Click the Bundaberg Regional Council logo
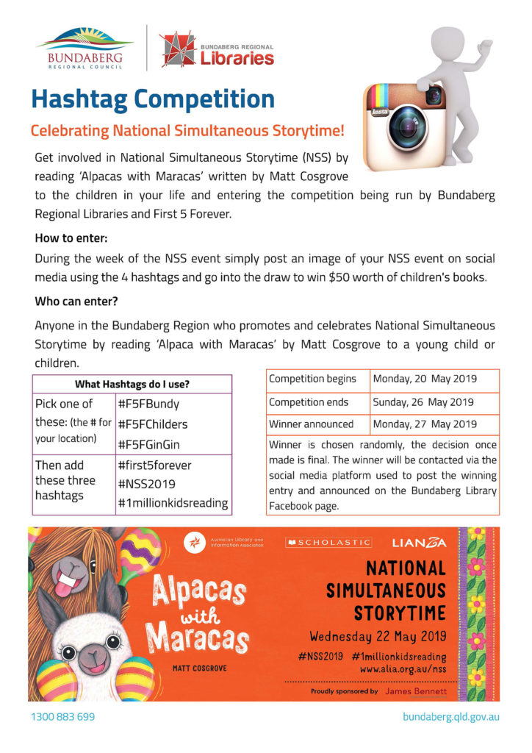point(85,48)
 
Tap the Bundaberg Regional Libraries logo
point(217,49)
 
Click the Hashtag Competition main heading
point(153,99)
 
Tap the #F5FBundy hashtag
point(148,404)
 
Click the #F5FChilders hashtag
point(153,424)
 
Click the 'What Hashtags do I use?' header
point(132,384)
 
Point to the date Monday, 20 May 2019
point(425,379)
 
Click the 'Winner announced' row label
point(312,424)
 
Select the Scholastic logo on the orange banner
point(329,543)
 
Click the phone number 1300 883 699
point(62,716)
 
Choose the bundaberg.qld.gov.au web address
point(451,716)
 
